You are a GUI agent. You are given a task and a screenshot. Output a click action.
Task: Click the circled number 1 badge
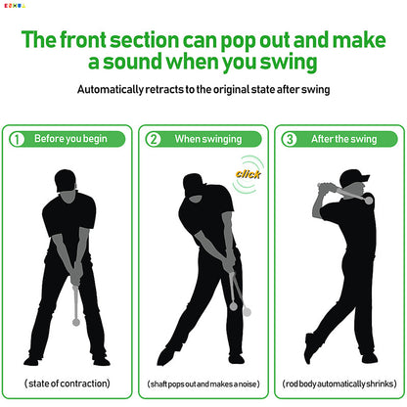[18, 139]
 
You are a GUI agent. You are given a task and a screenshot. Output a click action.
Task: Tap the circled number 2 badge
[154, 139]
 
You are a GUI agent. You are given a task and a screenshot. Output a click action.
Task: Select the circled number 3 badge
[289, 139]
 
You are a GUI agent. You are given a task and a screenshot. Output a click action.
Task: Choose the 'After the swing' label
[342, 139]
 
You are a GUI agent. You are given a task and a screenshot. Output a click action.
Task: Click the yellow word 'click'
[248, 174]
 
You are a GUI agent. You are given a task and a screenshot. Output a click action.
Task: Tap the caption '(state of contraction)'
[67, 383]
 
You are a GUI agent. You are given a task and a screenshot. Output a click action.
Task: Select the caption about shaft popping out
[203, 384]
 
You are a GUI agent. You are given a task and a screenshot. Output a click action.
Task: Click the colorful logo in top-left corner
[16, 7]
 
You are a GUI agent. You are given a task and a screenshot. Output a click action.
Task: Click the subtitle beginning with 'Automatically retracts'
[203, 89]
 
